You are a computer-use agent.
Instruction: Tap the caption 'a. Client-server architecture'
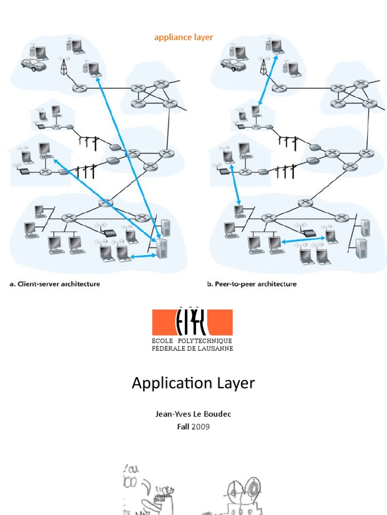[54, 284]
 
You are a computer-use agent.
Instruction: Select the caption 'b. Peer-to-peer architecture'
[251, 284]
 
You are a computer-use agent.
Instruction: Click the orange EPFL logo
[192, 322]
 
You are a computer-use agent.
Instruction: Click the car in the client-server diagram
[33, 64]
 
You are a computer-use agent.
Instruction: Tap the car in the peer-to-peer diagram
[233, 64]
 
